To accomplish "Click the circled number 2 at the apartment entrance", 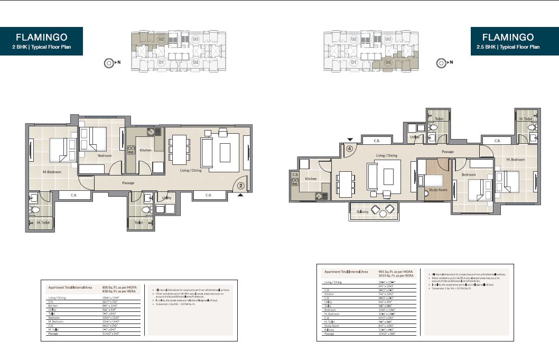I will click(x=240, y=186).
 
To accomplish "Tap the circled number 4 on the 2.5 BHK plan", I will click(x=349, y=149).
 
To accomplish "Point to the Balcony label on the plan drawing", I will click(x=362, y=211).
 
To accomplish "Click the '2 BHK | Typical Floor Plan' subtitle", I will click(x=41, y=47).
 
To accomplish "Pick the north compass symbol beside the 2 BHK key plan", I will click(x=108, y=62).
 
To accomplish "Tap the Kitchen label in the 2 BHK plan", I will click(x=145, y=150).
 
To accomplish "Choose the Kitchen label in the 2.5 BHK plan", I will click(x=311, y=179).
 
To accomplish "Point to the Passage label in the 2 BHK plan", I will click(x=128, y=183).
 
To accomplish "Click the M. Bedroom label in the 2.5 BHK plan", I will click(x=515, y=160).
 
